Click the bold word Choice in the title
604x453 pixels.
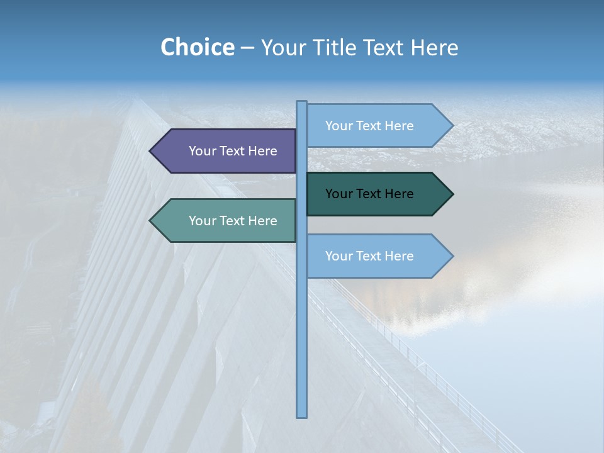[x=197, y=48]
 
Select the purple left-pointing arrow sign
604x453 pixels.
[x=226, y=151]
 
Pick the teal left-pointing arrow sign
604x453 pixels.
[x=226, y=221]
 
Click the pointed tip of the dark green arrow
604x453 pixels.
[x=452, y=194]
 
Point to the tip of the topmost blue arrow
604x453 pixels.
[x=452, y=126]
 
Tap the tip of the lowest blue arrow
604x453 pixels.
[x=452, y=256]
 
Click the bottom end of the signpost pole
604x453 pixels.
[x=302, y=415]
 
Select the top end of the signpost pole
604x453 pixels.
[x=302, y=103]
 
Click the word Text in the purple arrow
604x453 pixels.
[x=233, y=151]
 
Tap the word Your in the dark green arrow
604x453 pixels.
[x=338, y=194]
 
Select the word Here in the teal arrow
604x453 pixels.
[x=262, y=221]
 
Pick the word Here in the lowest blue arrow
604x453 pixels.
[x=399, y=256]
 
